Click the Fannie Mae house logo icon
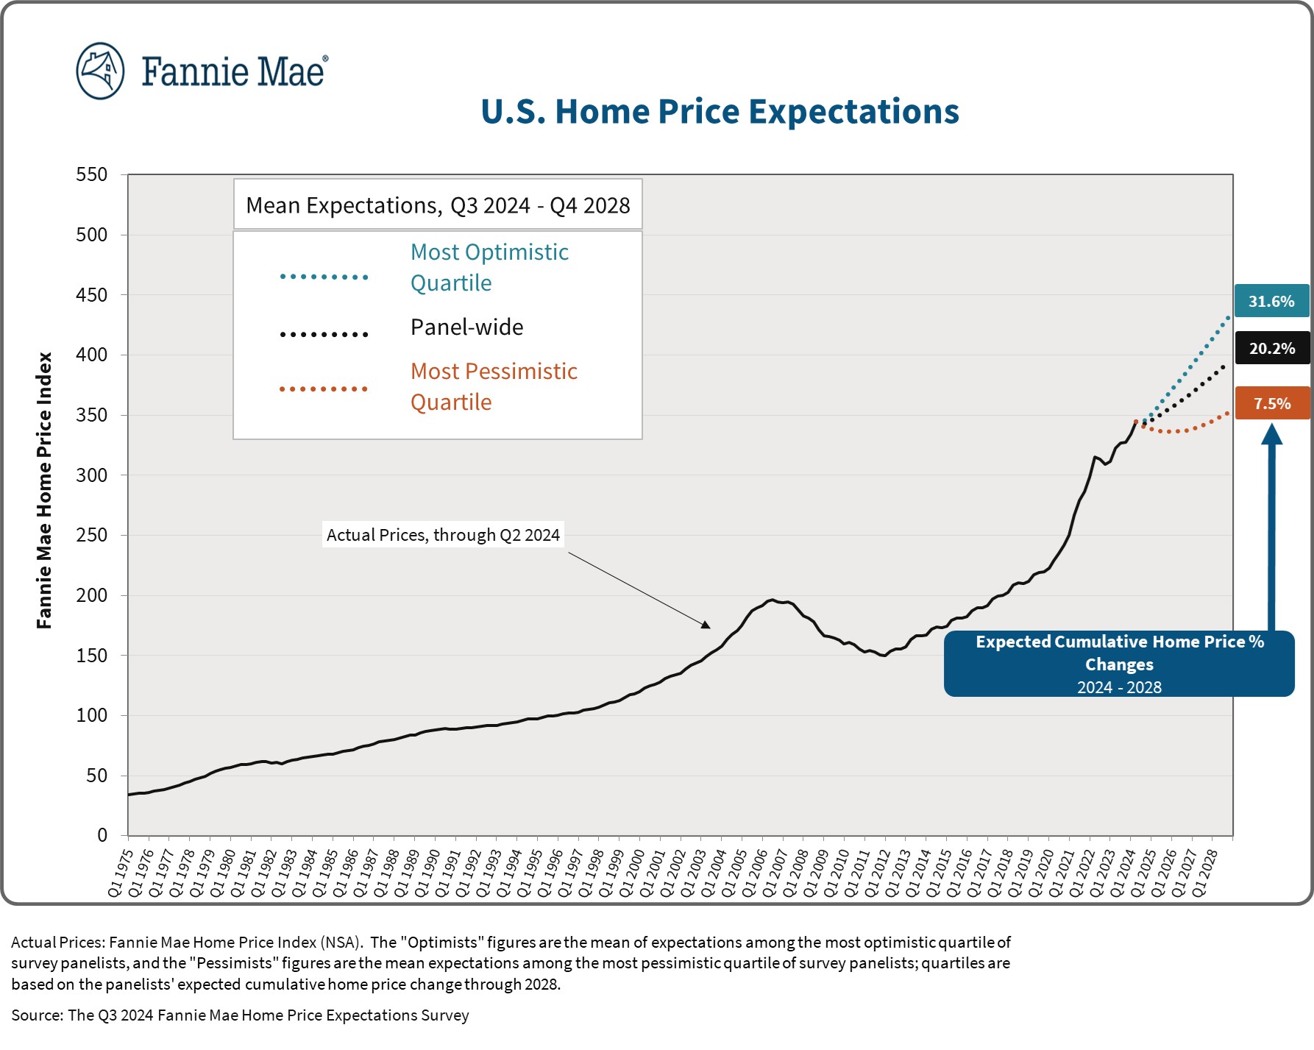tap(100, 71)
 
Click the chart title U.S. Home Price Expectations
tap(720, 112)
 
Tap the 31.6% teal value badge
tap(1271, 301)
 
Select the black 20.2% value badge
tap(1272, 348)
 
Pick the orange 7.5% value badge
tap(1272, 403)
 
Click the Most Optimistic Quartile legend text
tap(489, 267)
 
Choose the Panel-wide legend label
tap(466, 327)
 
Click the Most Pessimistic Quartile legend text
tap(494, 386)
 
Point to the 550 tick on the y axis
tap(92, 174)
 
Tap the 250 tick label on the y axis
tap(92, 535)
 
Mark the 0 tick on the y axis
tap(102, 835)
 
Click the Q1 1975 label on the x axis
tap(121, 873)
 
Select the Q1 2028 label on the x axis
tap(1204, 873)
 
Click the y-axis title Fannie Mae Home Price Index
tap(44, 490)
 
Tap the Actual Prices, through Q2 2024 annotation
tap(443, 535)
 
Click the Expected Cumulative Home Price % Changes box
tap(1119, 664)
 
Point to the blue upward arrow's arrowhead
tap(1271, 434)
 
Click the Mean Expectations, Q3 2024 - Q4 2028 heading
tap(438, 205)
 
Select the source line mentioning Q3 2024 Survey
tap(240, 1015)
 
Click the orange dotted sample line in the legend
tap(324, 389)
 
